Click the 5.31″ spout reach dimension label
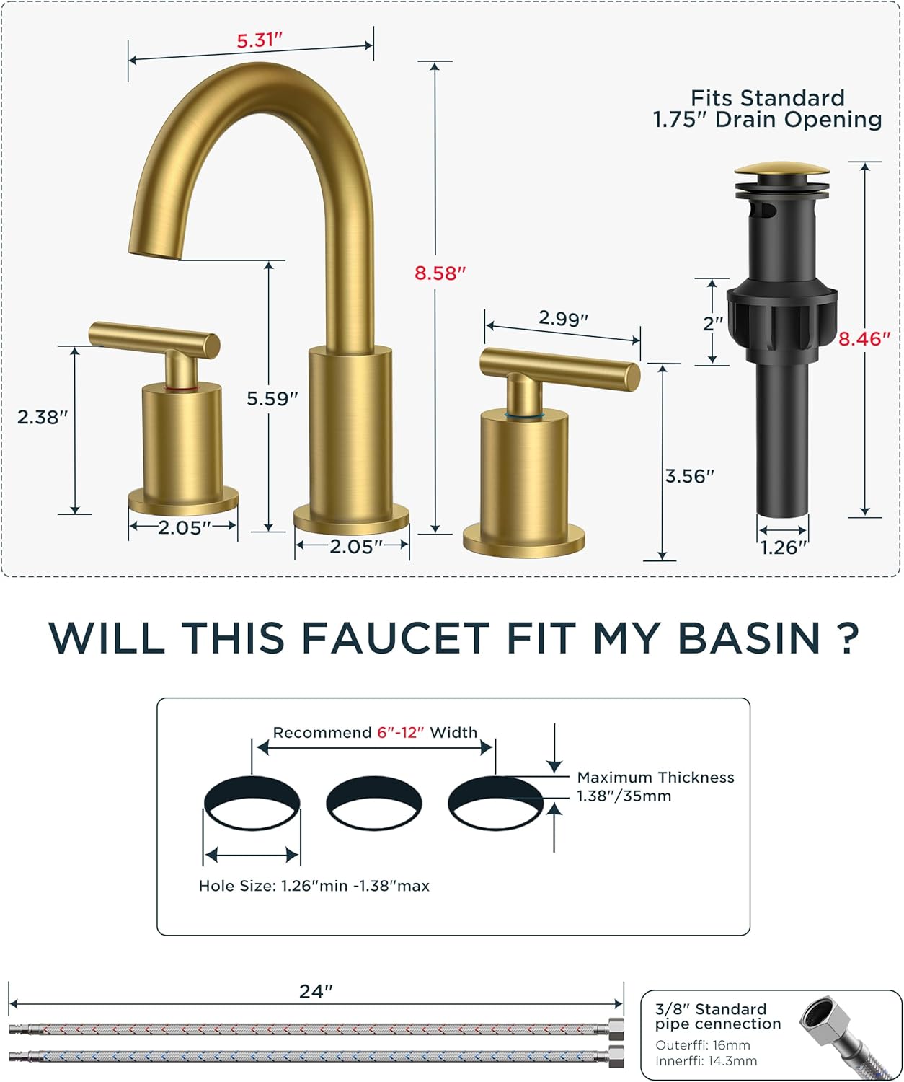(x=259, y=40)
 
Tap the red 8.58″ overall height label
(x=440, y=273)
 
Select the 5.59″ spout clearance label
(x=272, y=399)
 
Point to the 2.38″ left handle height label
(x=43, y=417)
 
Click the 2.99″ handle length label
(x=563, y=318)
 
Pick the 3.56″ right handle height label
(x=689, y=476)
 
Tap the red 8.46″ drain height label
(x=864, y=339)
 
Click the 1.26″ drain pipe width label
(x=784, y=547)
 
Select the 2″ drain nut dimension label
(x=712, y=323)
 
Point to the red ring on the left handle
(x=182, y=388)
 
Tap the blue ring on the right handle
(x=523, y=415)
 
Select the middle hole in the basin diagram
(x=373, y=803)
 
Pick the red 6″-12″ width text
(x=400, y=733)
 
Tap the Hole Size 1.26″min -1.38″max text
(x=314, y=886)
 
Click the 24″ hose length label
(x=316, y=992)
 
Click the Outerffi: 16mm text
(x=702, y=1045)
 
